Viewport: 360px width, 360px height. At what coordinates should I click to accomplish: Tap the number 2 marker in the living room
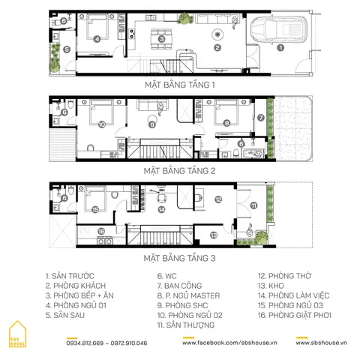point(217,48)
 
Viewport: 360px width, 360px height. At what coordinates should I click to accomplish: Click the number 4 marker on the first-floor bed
point(97,38)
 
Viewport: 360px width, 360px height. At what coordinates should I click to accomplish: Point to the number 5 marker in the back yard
point(67,49)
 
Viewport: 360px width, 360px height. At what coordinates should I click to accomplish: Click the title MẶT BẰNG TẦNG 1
point(180,85)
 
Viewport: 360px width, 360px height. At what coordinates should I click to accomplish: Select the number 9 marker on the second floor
point(152,124)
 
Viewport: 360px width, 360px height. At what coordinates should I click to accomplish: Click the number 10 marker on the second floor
point(101,124)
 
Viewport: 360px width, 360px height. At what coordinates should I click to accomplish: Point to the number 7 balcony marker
point(261,117)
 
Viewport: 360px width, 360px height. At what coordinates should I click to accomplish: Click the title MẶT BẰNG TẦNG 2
point(180,171)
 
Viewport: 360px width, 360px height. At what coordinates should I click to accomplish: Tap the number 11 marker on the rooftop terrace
point(253,205)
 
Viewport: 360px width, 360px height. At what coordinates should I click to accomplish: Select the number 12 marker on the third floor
point(218,199)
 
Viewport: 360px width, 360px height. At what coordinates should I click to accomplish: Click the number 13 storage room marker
point(214,235)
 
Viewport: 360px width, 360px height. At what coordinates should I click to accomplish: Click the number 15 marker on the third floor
point(95,210)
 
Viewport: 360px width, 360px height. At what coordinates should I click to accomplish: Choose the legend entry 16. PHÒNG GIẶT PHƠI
point(294,316)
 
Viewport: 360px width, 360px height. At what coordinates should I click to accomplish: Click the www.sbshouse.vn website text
point(322,342)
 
